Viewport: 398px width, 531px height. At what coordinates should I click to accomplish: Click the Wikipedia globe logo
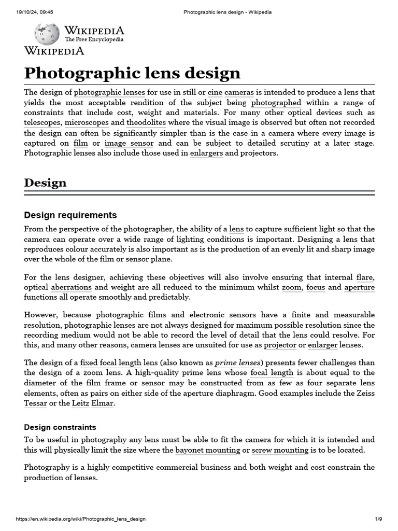(x=47, y=33)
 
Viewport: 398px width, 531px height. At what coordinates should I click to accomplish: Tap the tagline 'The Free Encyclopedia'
(x=94, y=39)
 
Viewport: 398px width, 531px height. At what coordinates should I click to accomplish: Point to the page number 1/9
(x=378, y=519)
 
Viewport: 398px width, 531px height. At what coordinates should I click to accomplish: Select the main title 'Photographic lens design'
(x=133, y=72)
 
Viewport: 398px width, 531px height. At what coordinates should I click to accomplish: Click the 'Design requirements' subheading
(x=70, y=215)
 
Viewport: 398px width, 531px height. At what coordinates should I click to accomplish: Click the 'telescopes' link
(x=42, y=123)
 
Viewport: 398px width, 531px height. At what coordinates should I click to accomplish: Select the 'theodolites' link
(x=146, y=123)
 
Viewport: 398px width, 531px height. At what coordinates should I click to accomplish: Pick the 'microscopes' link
(x=87, y=123)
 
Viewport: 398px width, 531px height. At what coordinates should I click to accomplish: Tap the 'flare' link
(x=365, y=277)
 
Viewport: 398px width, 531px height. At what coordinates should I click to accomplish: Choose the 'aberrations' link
(x=72, y=287)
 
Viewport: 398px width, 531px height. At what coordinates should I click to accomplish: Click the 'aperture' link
(x=359, y=287)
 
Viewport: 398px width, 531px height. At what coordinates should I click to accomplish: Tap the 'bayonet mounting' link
(x=208, y=450)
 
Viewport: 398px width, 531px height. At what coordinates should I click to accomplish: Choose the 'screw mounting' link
(x=280, y=450)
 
